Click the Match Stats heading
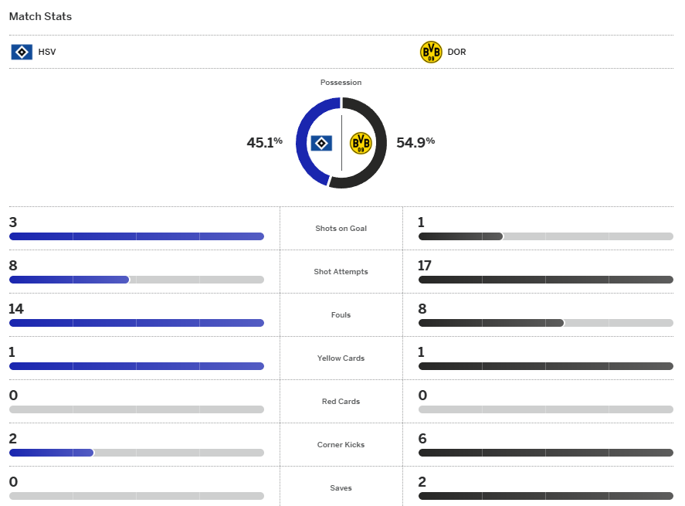[x=40, y=16]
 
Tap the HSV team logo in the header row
[x=22, y=53]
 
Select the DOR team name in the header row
[x=456, y=53]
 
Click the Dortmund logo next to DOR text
[x=431, y=53]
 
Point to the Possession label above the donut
[x=341, y=83]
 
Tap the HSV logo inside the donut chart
[x=321, y=143]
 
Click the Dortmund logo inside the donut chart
[x=361, y=143]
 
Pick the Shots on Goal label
[x=341, y=229]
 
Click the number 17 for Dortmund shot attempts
[x=425, y=266]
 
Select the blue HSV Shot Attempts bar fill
[x=69, y=280]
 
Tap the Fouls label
[x=341, y=315]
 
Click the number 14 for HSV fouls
[x=16, y=309]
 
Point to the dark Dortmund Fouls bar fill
[x=490, y=323]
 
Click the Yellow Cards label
[x=341, y=358]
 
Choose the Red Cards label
[x=341, y=402]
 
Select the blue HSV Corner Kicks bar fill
[x=51, y=453]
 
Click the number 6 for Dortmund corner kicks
[x=422, y=439]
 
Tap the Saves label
[x=341, y=488]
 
